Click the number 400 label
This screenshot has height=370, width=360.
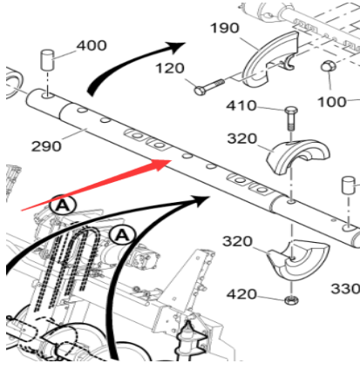click(92, 45)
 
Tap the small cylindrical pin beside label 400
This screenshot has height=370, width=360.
click(47, 60)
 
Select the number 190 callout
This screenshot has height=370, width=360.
click(225, 28)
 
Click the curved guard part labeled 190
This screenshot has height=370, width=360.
click(270, 59)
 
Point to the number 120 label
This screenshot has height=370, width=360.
click(170, 69)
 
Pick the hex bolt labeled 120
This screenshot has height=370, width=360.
click(209, 87)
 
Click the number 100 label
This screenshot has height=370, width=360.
click(332, 102)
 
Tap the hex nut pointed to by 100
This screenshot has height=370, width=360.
click(329, 66)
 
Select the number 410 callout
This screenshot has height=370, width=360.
click(241, 105)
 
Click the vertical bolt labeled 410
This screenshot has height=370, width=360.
click(291, 119)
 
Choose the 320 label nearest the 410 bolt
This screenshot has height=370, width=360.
click(242, 138)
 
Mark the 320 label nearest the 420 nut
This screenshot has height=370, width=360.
click(237, 241)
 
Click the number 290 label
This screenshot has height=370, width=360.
click(46, 146)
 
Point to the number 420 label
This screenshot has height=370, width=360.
click(241, 294)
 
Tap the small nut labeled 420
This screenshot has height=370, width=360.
click(289, 299)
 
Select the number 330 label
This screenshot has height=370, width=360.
click(345, 289)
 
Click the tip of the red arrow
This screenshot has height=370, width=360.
click(171, 160)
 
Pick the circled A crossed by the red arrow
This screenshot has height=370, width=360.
click(63, 205)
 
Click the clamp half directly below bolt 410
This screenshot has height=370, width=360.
click(298, 156)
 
